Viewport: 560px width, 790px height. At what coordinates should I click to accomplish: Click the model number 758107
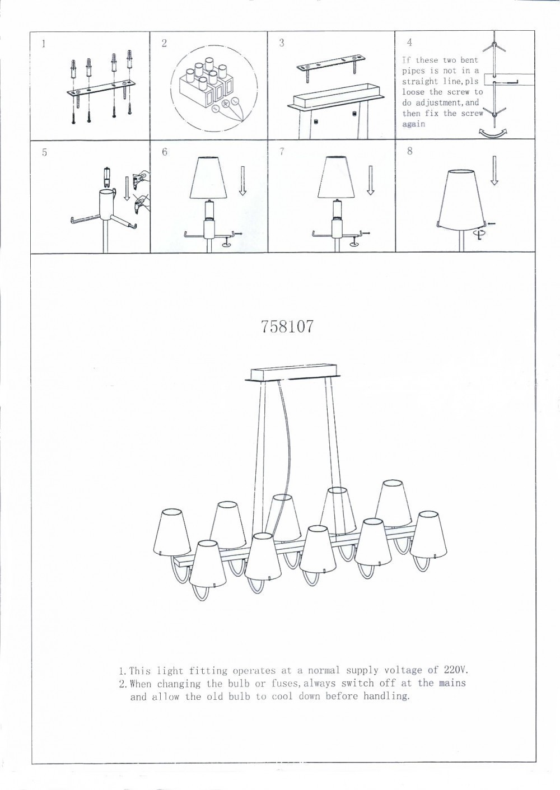click(x=287, y=326)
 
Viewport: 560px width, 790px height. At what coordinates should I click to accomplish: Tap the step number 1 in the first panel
click(x=44, y=44)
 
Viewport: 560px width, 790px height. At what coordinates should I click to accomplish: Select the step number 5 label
click(x=44, y=153)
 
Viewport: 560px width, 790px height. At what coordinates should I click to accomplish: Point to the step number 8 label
click(x=409, y=151)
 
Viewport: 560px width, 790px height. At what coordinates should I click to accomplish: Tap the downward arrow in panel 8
click(x=494, y=170)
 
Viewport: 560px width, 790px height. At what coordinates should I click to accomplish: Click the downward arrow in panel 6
click(x=242, y=180)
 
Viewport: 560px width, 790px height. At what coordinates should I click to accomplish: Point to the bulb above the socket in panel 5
click(x=107, y=177)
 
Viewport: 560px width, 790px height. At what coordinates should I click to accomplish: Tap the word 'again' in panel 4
click(x=414, y=124)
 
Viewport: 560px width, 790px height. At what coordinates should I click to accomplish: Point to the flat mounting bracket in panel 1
click(x=101, y=88)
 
